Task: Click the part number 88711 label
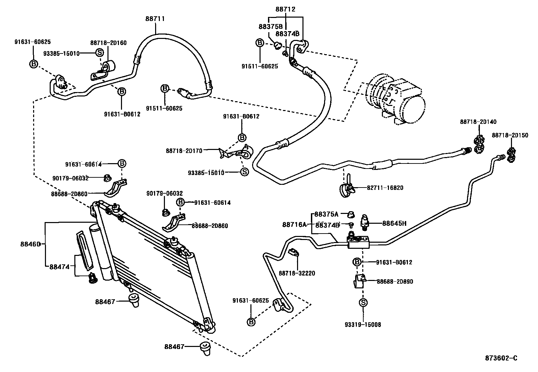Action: (155, 19)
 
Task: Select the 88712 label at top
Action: (285, 9)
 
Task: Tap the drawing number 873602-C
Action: (502, 358)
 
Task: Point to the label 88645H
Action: (394, 223)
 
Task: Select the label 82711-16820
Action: (385, 188)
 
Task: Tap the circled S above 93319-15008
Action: (363, 303)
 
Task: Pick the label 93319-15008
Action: (363, 325)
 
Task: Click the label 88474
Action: (59, 267)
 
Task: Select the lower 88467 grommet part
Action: (205, 348)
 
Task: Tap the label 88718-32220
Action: (297, 273)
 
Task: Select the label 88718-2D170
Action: (184, 151)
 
